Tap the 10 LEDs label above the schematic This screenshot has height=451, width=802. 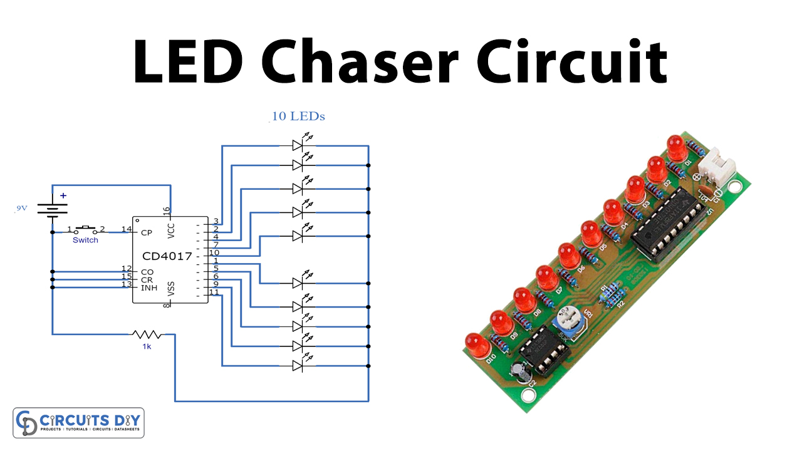tap(298, 117)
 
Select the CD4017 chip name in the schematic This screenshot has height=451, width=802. tap(167, 256)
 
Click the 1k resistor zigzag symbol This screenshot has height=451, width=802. tap(146, 334)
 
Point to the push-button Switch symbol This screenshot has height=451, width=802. tap(85, 229)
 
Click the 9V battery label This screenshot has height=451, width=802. tap(22, 209)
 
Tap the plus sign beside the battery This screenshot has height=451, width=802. tap(63, 195)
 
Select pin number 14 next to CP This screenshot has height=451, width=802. tap(127, 230)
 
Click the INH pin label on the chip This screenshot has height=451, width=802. tap(148, 288)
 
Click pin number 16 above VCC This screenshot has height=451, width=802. tap(166, 211)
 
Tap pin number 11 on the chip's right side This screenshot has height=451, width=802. tap(214, 292)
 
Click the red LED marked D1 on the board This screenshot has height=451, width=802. tap(675, 148)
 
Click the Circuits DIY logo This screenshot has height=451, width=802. tap(79, 423)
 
